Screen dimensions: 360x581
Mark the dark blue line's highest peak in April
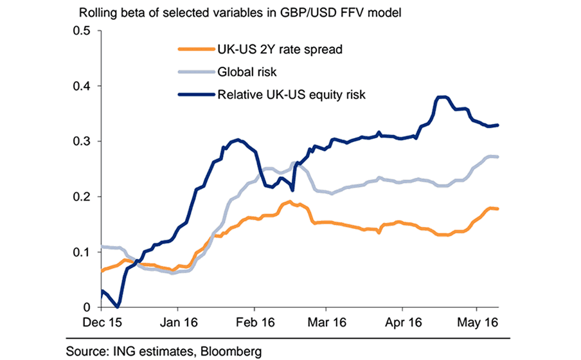tap(442, 96)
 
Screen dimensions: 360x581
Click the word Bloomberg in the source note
tap(233, 350)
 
